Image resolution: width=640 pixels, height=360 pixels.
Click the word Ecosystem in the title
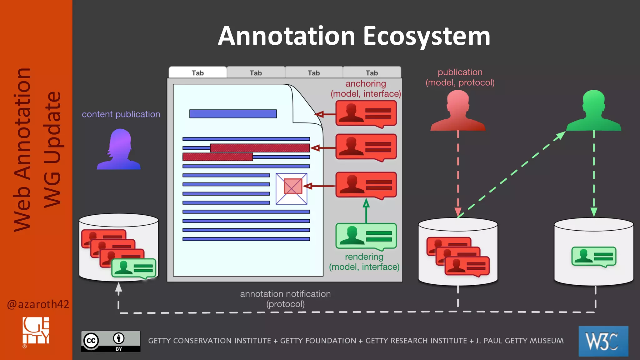pos(426,36)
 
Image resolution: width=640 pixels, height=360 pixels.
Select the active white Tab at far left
pos(197,73)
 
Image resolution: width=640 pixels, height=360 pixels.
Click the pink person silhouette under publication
pos(458,111)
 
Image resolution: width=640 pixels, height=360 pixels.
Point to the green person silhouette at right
pos(593,111)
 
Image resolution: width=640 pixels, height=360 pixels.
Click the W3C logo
pos(603,341)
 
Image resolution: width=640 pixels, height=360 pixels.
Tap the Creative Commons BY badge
pos(111,341)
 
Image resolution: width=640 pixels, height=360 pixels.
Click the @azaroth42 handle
pos(38,304)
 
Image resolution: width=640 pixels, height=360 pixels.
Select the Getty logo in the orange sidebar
pos(36,331)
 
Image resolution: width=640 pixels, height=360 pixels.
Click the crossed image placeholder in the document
pos(292,189)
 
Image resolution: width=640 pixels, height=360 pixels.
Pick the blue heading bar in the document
pos(233,114)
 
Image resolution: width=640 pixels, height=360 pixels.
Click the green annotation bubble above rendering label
pos(366,236)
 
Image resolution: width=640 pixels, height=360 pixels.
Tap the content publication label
pos(121,114)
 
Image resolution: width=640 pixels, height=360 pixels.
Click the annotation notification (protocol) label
pos(285,299)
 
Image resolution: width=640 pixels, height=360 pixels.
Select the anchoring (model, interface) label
pos(366,89)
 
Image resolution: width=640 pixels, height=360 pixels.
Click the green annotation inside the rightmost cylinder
pos(594,257)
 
